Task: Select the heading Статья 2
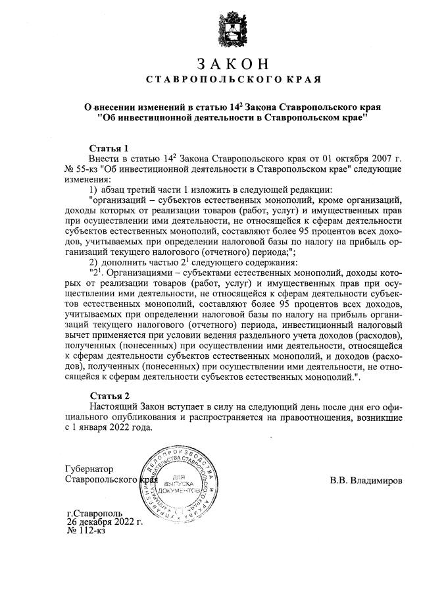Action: pyautogui.click(x=107, y=395)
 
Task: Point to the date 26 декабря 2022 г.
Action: pyautogui.click(x=105, y=521)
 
